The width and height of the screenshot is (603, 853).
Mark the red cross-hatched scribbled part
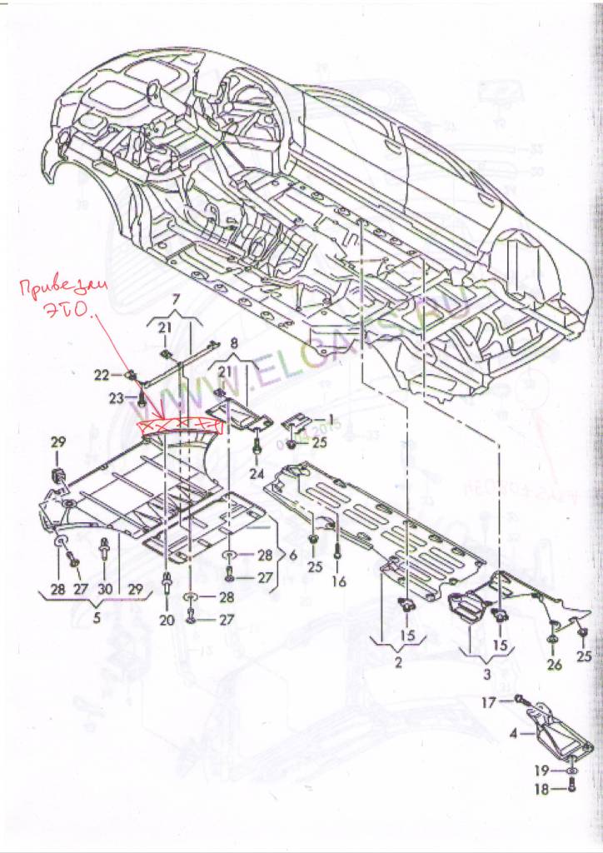coord(180,426)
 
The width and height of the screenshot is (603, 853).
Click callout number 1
coord(329,420)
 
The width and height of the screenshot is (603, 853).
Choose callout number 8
coord(233,342)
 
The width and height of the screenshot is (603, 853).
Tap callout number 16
coord(339,581)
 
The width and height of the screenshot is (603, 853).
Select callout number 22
coord(102,376)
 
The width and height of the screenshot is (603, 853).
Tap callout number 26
coord(555,664)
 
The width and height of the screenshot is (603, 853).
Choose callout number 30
coord(104,589)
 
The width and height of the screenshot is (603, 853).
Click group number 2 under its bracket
coord(397,664)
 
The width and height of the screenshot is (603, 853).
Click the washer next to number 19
coord(571,772)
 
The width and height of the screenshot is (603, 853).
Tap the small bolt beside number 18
coord(571,788)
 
